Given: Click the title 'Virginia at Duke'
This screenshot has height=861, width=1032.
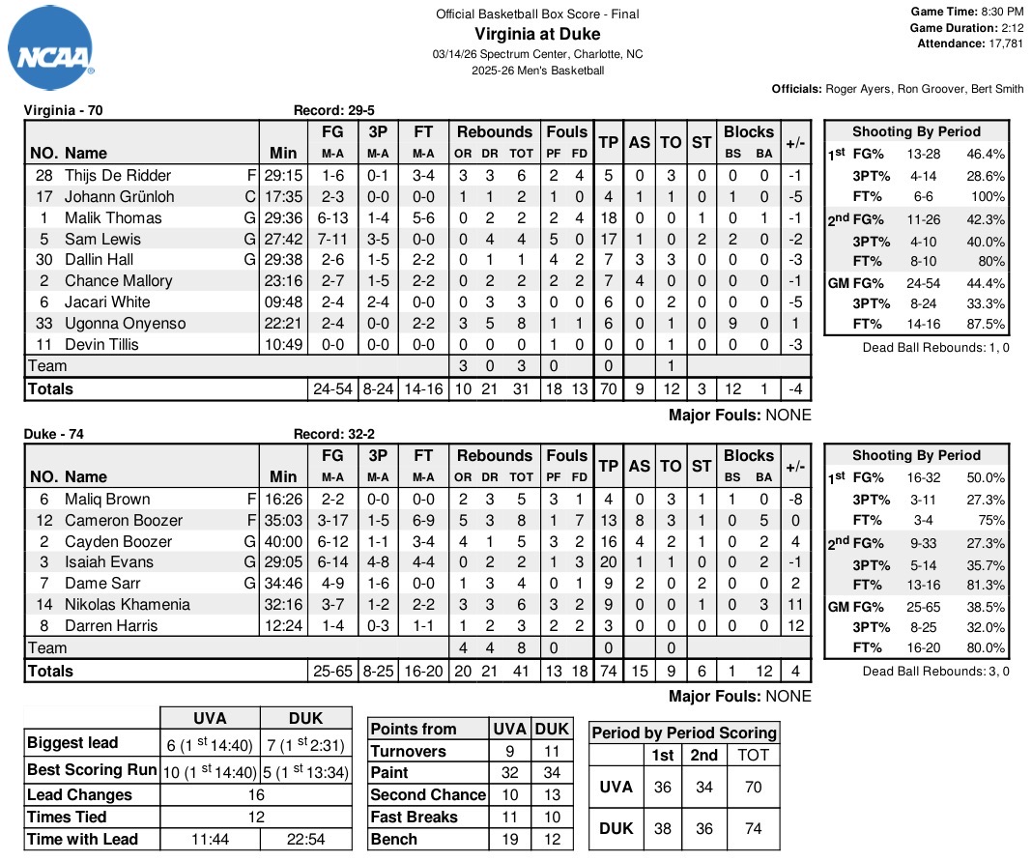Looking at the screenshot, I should pyautogui.click(x=537, y=34).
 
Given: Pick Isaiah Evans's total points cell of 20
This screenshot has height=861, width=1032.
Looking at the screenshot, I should pyautogui.click(x=608, y=562).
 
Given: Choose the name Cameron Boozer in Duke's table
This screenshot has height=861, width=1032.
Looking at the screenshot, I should pyautogui.click(x=124, y=520).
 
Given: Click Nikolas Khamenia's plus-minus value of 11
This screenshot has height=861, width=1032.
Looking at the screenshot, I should pyautogui.click(x=795, y=605).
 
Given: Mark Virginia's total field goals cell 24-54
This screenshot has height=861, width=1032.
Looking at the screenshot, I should pyautogui.click(x=333, y=388).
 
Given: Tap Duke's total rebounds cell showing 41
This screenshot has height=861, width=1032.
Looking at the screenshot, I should pyautogui.click(x=522, y=671).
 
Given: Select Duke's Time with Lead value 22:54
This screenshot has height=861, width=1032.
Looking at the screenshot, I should pyautogui.click(x=305, y=840).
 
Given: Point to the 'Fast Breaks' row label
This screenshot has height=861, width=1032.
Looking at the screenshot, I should pyautogui.click(x=416, y=817).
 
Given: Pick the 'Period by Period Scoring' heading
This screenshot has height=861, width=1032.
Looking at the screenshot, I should pyautogui.click(x=684, y=732).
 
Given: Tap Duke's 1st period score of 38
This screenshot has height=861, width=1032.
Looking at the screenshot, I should pyautogui.click(x=663, y=828).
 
